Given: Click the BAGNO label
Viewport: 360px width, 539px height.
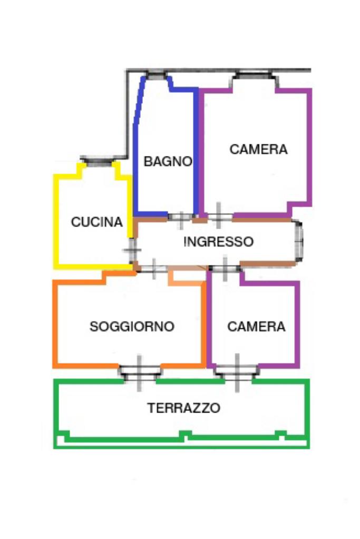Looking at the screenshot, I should (x=168, y=161).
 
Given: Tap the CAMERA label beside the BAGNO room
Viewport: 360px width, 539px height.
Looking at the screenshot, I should (x=259, y=149).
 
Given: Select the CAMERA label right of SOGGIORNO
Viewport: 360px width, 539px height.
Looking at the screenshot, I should (x=256, y=327).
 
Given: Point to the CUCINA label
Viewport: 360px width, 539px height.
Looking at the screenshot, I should (x=96, y=222).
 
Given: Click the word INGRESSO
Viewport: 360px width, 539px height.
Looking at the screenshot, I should (x=218, y=242).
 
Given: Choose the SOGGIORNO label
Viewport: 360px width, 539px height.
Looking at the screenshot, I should (x=132, y=327).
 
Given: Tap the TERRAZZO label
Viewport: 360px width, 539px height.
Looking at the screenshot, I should (x=183, y=408).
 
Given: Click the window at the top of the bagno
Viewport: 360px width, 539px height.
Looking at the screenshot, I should (x=154, y=76).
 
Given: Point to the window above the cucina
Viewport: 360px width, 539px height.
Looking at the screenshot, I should (x=99, y=161).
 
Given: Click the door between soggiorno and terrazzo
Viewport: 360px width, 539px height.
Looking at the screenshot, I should (x=139, y=373).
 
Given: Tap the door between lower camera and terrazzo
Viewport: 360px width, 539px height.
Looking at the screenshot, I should (x=236, y=373).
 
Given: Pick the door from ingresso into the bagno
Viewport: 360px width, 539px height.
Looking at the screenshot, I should (x=180, y=217).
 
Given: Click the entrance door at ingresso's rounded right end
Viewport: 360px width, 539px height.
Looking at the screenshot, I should (x=300, y=242).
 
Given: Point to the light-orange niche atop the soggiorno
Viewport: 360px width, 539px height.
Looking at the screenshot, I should (x=186, y=277).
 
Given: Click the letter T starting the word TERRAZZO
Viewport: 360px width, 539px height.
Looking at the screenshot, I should (x=151, y=408).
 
